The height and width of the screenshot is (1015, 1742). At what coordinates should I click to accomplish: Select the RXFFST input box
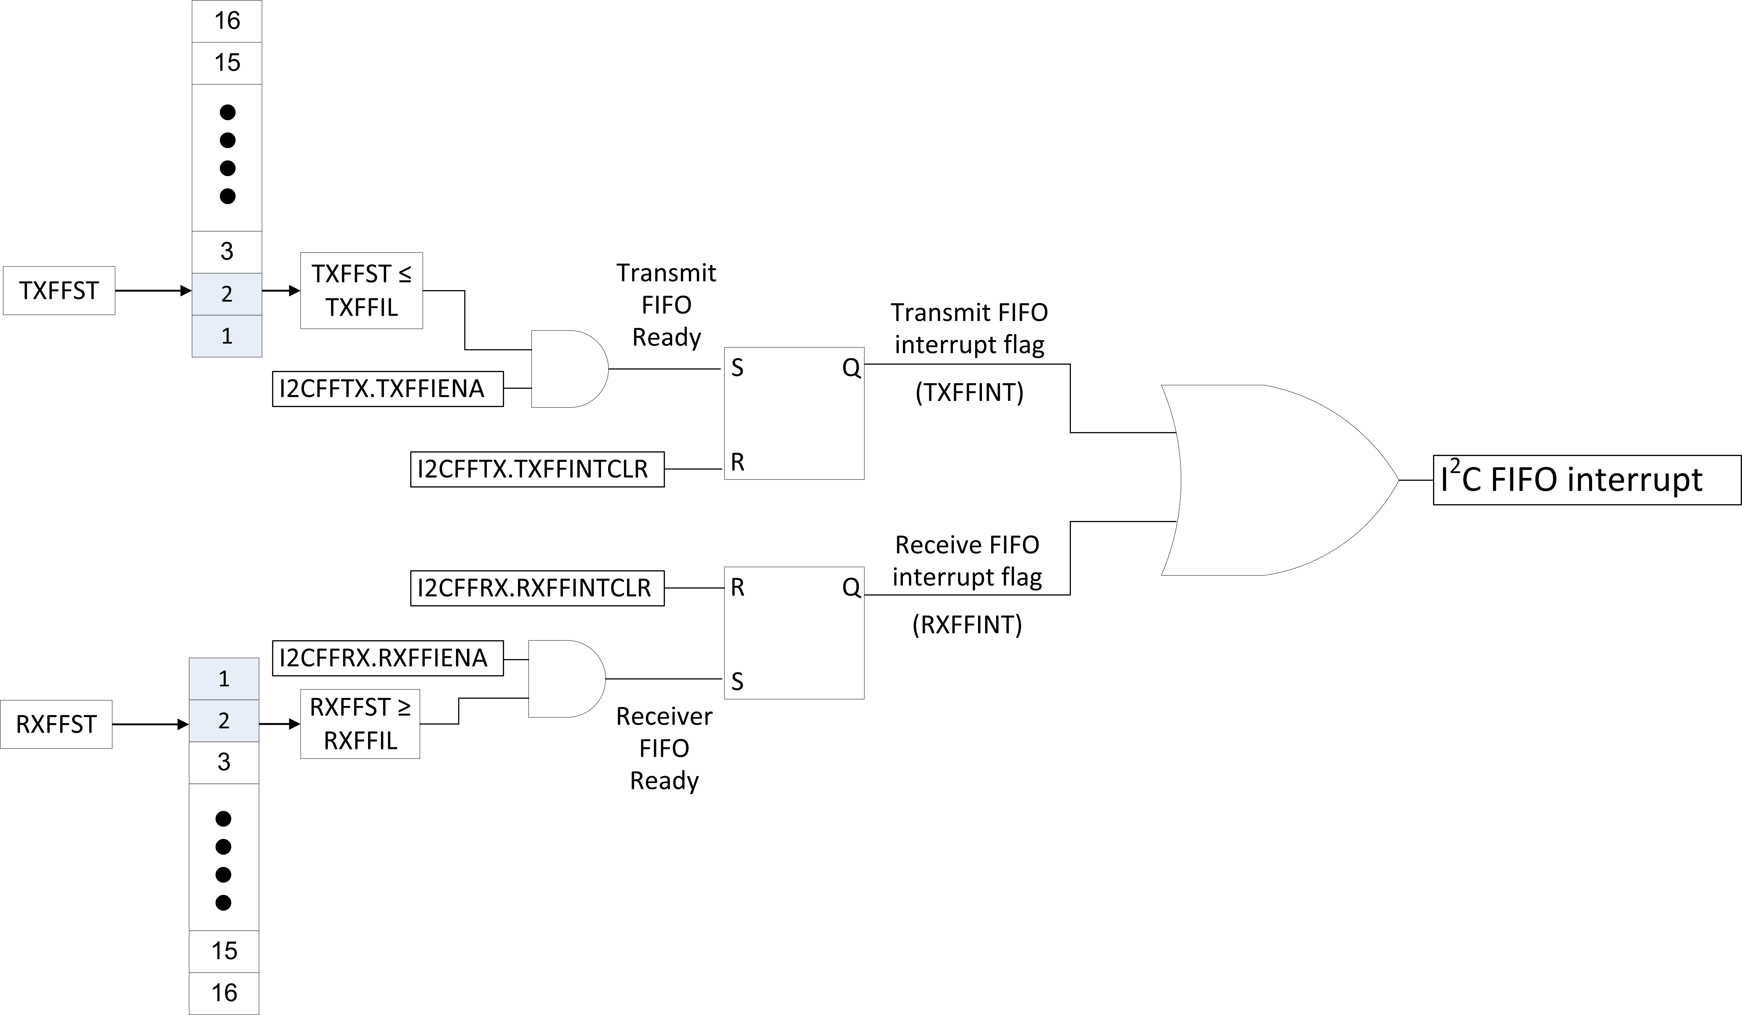[x=56, y=724]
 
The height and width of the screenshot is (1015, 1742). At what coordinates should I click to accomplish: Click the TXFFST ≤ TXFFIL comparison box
[x=362, y=290]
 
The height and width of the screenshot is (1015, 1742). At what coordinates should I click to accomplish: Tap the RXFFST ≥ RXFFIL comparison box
[x=360, y=724]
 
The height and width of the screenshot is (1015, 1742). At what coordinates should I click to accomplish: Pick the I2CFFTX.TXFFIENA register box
[x=388, y=389]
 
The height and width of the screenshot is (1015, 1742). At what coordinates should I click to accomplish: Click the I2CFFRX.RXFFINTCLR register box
[x=537, y=588]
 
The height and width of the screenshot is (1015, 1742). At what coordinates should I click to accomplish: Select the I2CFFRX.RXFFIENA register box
[x=388, y=657]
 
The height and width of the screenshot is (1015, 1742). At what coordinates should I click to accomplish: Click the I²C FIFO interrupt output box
[x=1586, y=480]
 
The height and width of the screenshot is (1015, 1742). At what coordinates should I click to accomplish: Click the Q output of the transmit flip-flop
[x=851, y=368]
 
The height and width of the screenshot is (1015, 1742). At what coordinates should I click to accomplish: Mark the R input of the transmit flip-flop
[x=738, y=462]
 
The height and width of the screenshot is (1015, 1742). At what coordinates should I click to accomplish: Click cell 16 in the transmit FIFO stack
[x=227, y=21]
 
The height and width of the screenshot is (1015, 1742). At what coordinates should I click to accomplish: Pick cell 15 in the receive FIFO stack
[x=224, y=951]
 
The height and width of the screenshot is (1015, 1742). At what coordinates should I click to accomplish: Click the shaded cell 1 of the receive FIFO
[x=224, y=679]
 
